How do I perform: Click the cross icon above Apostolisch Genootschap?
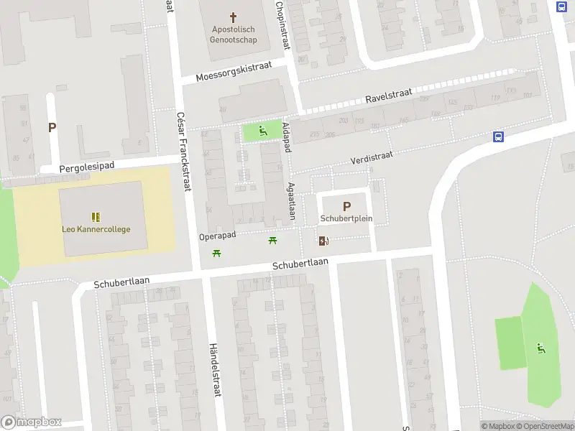coord(233,16)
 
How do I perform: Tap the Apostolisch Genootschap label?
coord(233,34)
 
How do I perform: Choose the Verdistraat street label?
coord(372,156)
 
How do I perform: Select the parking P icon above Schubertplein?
coord(347,205)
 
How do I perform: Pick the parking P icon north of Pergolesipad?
coord(52,128)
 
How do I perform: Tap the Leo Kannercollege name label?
coord(96,229)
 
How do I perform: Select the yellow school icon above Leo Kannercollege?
coord(96,216)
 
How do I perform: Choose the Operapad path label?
coord(218,236)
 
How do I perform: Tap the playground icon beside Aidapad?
coord(262,131)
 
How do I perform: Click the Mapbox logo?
coord(32,422)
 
